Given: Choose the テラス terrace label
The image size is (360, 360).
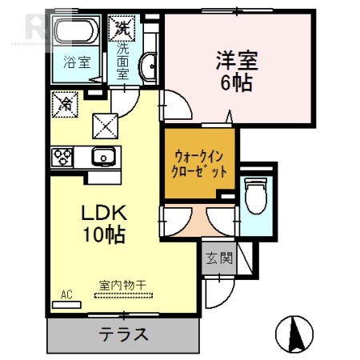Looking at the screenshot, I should (x=123, y=334).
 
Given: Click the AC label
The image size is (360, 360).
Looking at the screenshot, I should (x=66, y=294).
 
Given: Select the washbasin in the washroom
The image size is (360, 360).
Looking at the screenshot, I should (x=149, y=67).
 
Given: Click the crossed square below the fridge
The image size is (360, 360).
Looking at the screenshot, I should (x=106, y=123).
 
